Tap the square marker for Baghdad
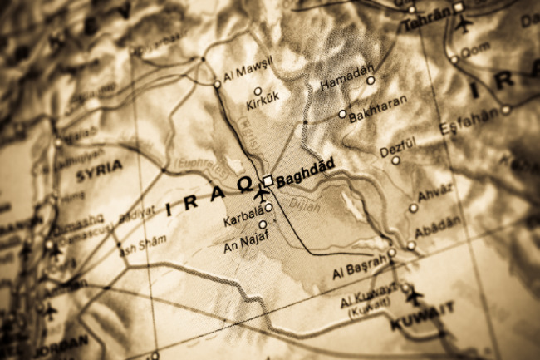268,180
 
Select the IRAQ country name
208,199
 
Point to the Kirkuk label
263,106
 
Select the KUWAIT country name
424,311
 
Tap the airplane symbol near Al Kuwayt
413,294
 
